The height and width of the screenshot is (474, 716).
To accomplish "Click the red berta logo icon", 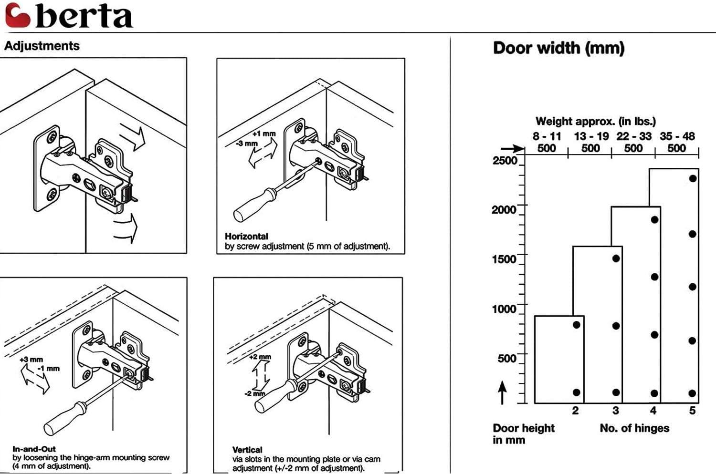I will (x=17, y=15).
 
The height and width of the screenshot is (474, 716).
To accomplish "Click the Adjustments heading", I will (x=42, y=46).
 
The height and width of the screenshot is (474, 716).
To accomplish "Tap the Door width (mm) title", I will (x=558, y=48).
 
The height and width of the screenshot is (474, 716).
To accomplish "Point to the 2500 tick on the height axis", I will (x=505, y=160).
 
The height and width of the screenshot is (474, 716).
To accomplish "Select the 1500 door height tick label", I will (x=504, y=259).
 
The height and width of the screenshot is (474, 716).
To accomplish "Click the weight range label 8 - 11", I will (x=547, y=136).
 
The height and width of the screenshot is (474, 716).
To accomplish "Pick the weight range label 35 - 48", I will (x=677, y=136).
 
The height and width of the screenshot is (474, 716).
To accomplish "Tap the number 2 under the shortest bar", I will (x=575, y=411).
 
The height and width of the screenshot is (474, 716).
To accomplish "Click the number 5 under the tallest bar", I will (x=692, y=411).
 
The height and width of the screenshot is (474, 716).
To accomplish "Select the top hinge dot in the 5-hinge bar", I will (x=693, y=178).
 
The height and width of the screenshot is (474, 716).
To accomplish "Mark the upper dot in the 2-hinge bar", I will (x=576, y=325).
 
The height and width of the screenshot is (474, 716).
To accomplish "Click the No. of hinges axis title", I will (x=634, y=428).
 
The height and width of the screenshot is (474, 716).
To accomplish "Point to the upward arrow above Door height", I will (x=502, y=392).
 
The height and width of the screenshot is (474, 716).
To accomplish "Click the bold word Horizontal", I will (x=246, y=236).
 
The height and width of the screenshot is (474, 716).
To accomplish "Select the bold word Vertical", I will (x=247, y=450).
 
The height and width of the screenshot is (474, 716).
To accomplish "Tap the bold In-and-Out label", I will (x=34, y=449).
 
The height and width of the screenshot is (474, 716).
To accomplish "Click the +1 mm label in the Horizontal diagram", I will (x=264, y=134).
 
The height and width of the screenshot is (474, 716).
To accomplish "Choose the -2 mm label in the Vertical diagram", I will (x=254, y=394).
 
